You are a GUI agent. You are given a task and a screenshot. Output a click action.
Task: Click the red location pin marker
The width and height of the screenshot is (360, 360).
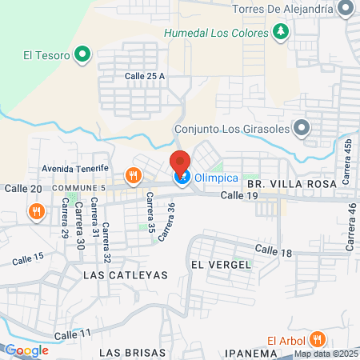[180, 160]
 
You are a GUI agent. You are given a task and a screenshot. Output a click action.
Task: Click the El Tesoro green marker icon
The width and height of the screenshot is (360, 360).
[82, 55]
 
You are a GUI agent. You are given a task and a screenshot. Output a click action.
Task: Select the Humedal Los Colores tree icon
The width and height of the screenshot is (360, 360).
[280, 32]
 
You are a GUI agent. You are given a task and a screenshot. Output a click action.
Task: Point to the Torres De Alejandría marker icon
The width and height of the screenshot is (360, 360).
[346, 10]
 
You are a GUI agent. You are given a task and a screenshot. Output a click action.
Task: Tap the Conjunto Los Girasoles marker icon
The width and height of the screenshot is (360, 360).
[302, 127]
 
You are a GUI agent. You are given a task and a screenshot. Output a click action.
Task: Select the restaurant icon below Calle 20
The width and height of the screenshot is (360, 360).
[36, 211]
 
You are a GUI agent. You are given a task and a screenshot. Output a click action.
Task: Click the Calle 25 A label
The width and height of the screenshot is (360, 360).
[145, 76]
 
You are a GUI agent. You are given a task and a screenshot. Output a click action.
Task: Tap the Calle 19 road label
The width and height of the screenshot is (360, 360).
[239, 195]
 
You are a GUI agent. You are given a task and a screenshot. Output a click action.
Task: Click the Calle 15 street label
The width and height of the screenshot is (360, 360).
[28, 258]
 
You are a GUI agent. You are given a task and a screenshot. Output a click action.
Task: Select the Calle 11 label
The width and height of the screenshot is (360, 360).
[75, 333]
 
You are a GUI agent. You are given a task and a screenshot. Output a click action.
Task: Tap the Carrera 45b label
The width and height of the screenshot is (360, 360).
[348, 160]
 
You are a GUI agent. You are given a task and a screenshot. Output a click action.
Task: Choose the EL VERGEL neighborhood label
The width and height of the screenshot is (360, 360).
[216, 264]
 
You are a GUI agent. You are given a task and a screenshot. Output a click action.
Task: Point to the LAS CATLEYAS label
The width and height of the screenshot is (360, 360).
[126, 274]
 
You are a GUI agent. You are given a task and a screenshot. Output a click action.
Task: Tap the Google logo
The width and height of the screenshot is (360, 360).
[26, 350]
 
